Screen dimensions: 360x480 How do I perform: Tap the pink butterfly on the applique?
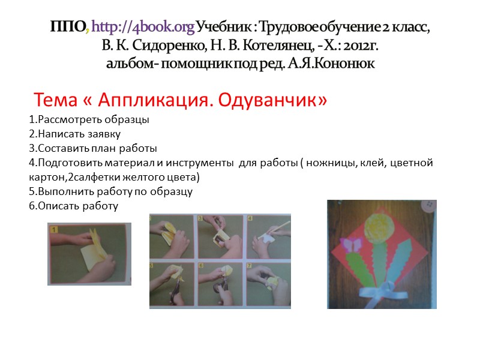click(x=350, y=245)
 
